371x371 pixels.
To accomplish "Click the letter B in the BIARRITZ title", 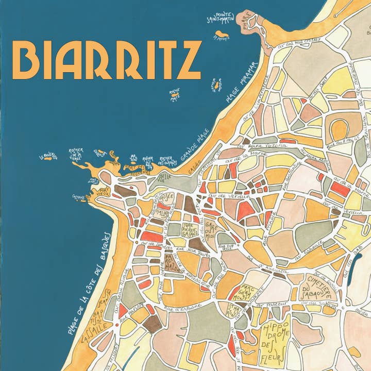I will tap(25, 60).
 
